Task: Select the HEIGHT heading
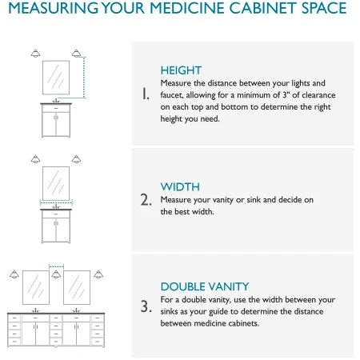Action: [181, 70]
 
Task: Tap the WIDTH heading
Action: [180, 187]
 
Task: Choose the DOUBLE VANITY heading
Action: [205, 286]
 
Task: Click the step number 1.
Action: [146, 94]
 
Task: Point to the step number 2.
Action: [146, 200]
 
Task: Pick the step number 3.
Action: [146, 306]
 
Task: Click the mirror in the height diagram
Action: [56, 78]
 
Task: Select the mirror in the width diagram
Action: [56, 183]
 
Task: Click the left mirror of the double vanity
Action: [36, 287]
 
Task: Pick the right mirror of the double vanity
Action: [77, 287]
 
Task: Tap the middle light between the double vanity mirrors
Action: [56, 274]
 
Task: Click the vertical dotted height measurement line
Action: [84, 78]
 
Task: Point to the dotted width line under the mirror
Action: [56, 203]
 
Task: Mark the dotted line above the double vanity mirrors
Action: [56, 266]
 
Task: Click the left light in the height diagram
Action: [35, 54]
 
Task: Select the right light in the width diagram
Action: [76, 159]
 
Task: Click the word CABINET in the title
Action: [262, 8]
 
